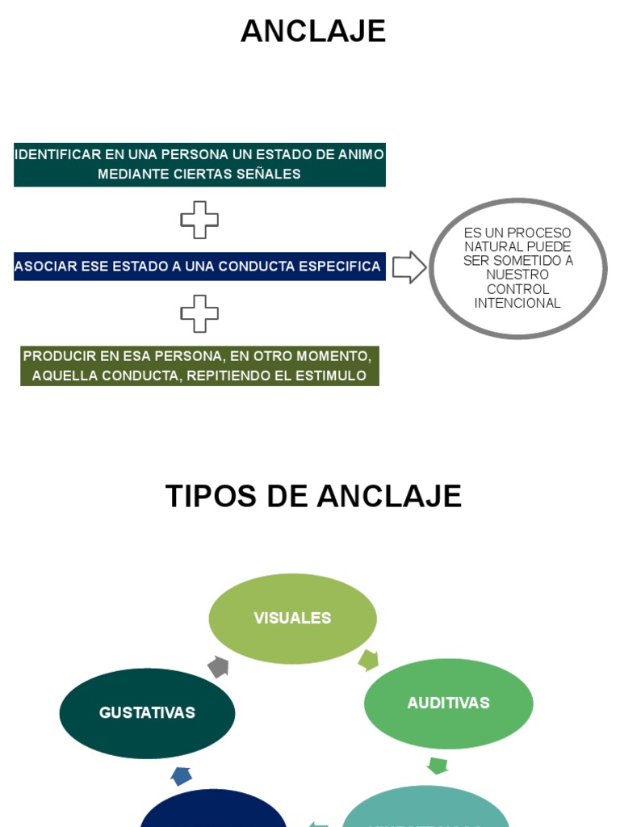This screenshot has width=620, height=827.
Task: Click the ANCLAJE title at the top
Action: [x=313, y=31]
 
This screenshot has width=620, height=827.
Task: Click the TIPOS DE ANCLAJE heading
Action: [x=313, y=496]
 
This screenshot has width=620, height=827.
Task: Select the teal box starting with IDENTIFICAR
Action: [x=199, y=164]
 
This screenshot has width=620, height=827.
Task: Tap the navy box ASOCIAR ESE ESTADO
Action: [x=199, y=267]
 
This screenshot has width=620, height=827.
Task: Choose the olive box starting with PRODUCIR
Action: [x=199, y=366]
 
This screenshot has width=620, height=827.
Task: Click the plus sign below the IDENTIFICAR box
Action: [x=199, y=220]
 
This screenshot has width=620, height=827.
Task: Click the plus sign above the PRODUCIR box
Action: [x=199, y=313]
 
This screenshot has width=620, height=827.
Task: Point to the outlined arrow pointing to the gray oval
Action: [x=409, y=267]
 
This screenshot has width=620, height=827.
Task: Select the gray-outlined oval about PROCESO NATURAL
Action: [x=517, y=268]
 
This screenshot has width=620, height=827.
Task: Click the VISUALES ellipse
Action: [x=292, y=619]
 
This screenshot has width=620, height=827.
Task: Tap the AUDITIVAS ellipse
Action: [x=448, y=703]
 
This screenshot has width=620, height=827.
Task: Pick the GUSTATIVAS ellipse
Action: [x=147, y=713]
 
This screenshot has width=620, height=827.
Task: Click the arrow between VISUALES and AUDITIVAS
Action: [x=368, y=660]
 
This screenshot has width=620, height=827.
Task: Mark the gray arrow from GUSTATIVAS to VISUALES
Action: [x=218, y=667]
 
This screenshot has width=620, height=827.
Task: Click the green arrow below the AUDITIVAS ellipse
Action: [x=438, y=765]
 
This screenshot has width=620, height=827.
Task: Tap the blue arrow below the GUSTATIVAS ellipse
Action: [x=182, y=776]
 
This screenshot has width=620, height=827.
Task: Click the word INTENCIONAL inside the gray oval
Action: [x=517, y=304]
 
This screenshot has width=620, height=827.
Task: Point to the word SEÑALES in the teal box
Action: [x=267, y=174]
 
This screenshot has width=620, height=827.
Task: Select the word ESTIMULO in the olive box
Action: [x=333, y=376]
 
